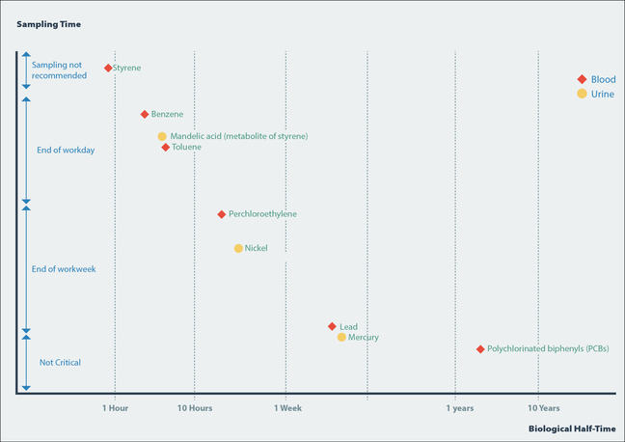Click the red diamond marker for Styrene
point(108,69)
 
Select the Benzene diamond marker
point(145,114)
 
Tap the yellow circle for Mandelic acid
point(162,136)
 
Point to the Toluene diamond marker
point(166,148)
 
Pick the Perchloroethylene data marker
point(222,213)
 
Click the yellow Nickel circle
point(238,248)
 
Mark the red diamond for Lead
point(332,327)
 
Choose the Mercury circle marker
point(341,337)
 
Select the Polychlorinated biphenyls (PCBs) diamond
point(480,348)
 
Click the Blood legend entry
point(595,79)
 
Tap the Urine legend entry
point(595,94)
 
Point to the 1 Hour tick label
point(116,408)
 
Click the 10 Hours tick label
point(195,408)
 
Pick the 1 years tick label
point(460,408)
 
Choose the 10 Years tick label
point(543,408)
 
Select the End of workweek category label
point(64,268)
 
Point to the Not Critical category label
point(60,363)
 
